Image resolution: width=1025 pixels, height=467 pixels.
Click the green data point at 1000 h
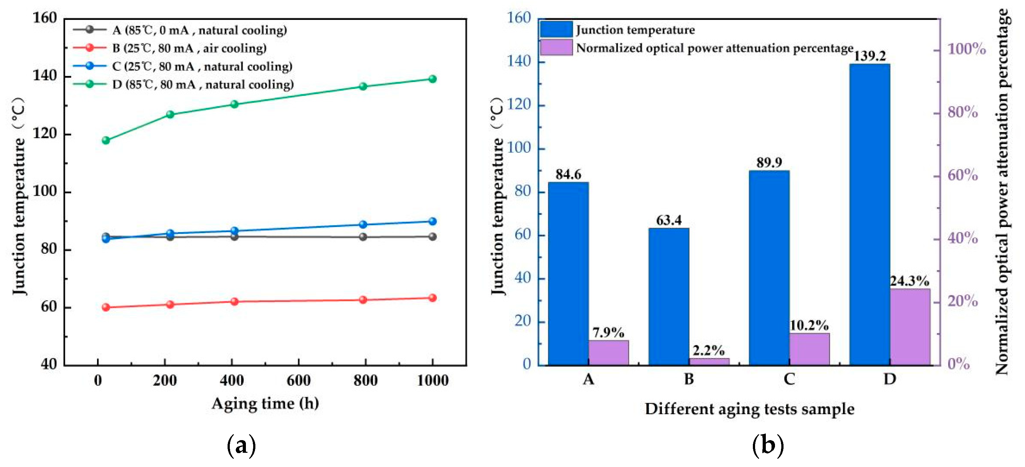432,79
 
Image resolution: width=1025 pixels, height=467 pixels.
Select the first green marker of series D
106,140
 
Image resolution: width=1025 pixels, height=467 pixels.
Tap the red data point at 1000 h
432,298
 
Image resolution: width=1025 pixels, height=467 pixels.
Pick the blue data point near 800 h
363,224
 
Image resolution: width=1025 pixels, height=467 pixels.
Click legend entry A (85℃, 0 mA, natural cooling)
199,30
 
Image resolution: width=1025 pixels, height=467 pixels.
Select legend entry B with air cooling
189,48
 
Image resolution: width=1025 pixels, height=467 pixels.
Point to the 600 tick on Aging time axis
298,380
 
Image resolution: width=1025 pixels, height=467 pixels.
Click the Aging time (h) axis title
265,403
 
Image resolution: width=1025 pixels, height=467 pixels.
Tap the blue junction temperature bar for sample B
668,297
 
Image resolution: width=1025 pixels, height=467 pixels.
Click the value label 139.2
870,56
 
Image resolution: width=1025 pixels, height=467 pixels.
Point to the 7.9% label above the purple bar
608,332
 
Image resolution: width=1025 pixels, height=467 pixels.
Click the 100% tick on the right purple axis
967,49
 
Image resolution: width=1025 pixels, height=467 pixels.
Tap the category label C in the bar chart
789,378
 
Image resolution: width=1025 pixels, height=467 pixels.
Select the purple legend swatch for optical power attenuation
556,47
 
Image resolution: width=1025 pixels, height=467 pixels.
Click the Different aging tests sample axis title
749,409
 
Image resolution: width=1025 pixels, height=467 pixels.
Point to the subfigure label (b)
768,445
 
